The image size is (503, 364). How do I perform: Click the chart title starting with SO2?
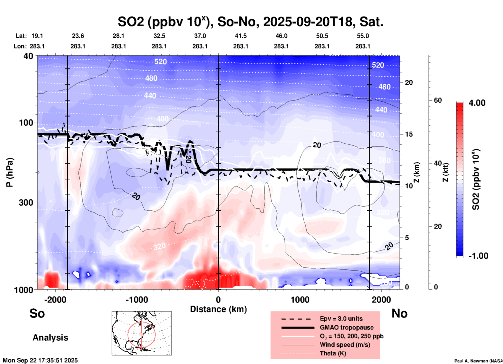[x=250, y=22]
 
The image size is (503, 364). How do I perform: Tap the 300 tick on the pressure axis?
[x=26, y=202]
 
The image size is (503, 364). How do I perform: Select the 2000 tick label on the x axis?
[x=381, y=300]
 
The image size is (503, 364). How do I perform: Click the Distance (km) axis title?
[x=218, y=309]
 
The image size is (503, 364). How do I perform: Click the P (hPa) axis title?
[x=10, y=172]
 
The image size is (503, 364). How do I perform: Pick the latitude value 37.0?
[x=200, y=36]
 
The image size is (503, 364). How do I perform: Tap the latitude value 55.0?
[x=363, y=36]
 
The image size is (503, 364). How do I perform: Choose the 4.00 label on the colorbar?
[x=477, y=103]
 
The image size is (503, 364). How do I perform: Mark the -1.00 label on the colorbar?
[x=478, y=256]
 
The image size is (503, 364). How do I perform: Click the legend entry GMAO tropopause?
[x=347, y=327]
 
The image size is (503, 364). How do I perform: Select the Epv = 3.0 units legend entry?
[x=341, y=319]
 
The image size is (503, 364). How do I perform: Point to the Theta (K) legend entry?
[x=333, y=353]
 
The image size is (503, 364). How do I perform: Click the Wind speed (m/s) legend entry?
[x=345, y=345]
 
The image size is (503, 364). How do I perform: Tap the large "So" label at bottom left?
[x=37, y=313]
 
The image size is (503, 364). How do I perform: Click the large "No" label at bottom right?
[x=399, y=313]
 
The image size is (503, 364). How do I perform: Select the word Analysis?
[x=50, y=338]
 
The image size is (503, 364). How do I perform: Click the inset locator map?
[x=142, y=333]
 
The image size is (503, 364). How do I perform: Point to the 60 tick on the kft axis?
[x=438, y=100]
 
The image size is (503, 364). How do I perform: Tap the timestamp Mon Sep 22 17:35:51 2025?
[x=40, y=361]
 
